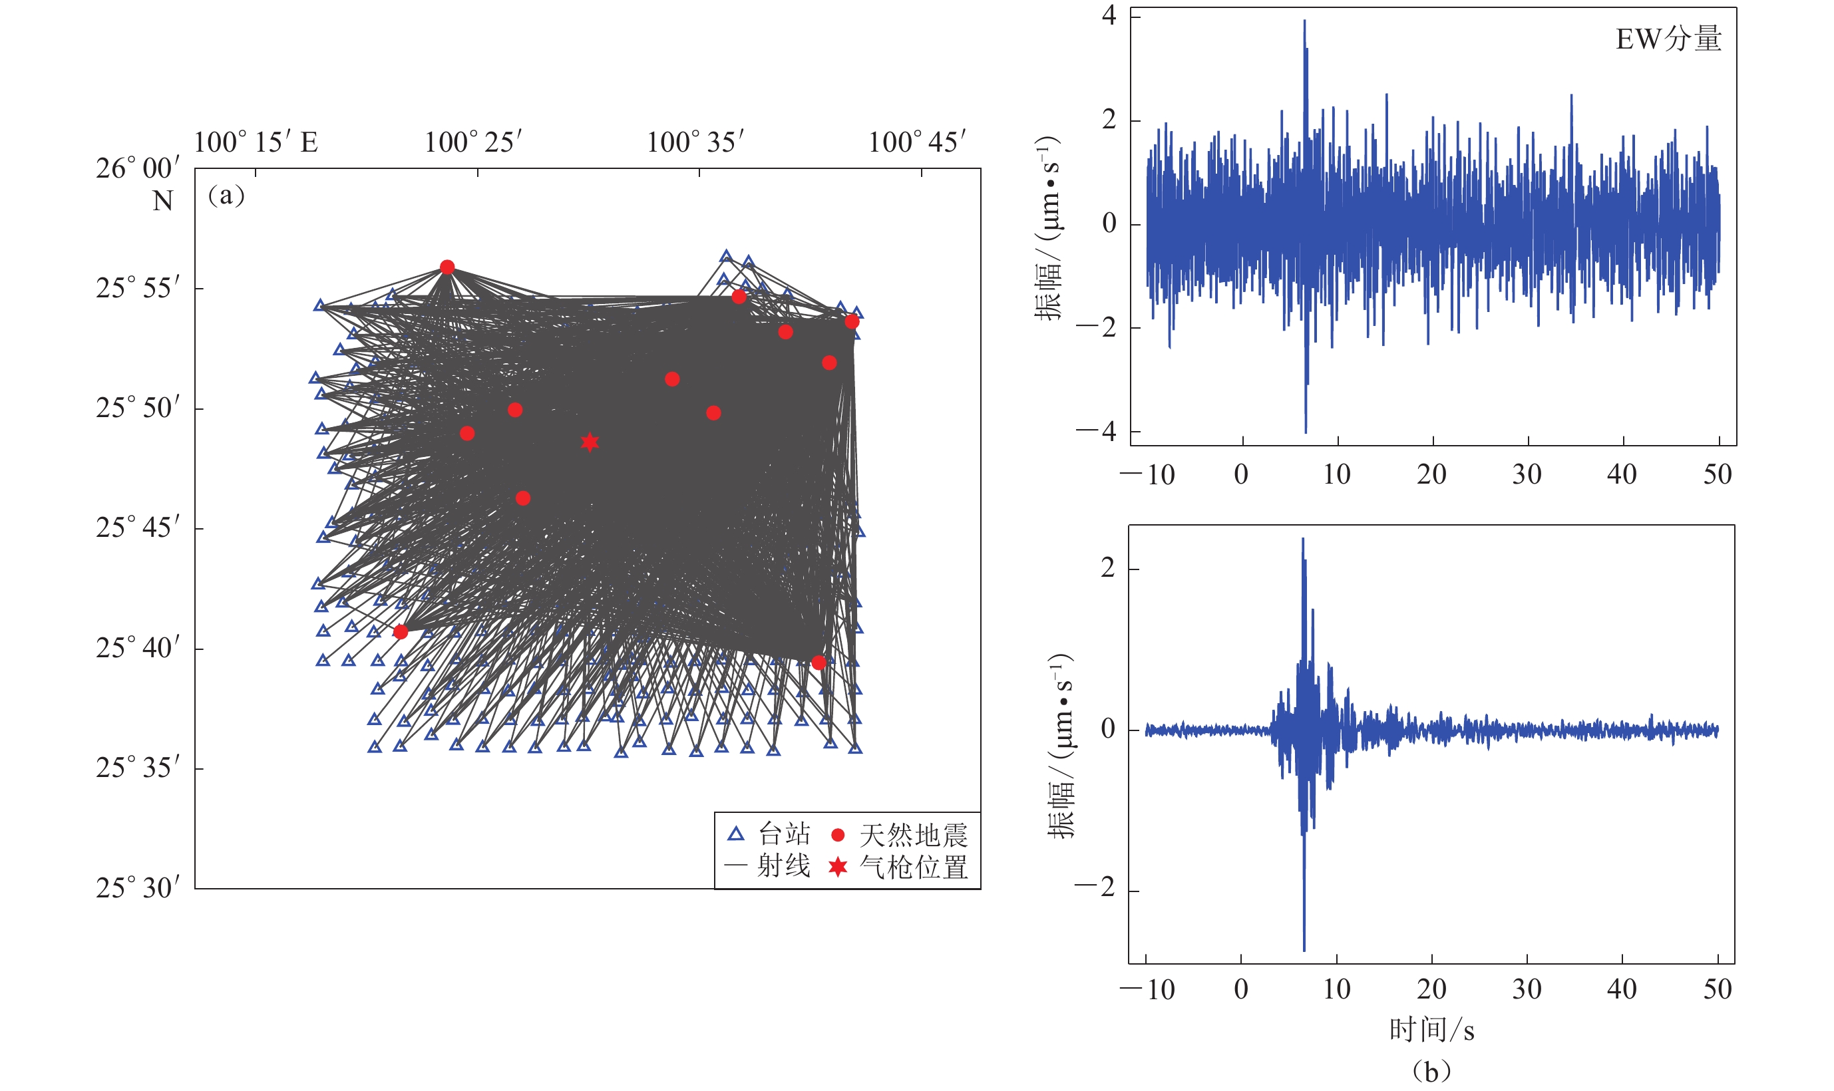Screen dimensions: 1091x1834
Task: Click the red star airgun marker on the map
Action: point(589,442)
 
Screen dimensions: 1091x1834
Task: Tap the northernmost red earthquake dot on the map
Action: point(447,267)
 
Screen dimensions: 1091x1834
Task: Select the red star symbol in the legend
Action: point(837,867)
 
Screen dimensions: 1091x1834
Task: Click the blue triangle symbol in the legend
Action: point(735,834)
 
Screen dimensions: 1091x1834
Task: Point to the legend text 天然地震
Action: point(913,835)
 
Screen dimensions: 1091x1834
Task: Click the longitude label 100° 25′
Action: point(474,142)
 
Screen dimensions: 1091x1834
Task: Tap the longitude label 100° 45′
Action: point(917,142)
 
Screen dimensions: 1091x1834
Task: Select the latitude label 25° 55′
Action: point(138,288)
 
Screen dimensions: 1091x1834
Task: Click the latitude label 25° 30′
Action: point(138,888)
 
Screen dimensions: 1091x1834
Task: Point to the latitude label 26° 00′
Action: point(138,168)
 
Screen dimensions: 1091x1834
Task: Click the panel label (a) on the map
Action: point(226,195)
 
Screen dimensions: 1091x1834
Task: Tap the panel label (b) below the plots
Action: point(1431,1071)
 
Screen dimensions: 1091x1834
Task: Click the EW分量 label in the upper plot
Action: point(1668,39)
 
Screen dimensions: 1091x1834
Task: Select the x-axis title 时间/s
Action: point(1431,1030)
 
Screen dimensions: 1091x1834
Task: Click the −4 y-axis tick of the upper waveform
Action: point(1097,432)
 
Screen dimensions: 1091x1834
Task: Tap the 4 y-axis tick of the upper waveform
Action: point(1109,16)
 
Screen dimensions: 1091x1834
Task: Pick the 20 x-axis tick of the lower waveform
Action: point(1431,989)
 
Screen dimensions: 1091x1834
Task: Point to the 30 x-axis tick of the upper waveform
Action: point(1527,475)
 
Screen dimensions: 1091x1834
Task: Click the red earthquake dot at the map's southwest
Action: point(401,631)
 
